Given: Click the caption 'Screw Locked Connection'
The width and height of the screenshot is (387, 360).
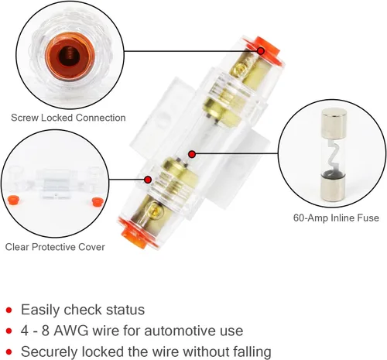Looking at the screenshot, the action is pyautogui.click(x=68, y=118).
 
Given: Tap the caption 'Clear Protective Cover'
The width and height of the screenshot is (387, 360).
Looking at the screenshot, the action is pyautogui.click(x=55, y=247).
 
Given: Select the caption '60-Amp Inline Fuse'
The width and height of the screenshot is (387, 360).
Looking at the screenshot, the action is pyautogui.click(x=336, y=218).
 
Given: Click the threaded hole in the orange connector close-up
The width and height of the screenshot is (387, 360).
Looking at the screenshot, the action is pyautogui.click(x=68, y=56).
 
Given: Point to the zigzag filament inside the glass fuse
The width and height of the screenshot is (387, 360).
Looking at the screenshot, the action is pyautogui.click(x=332, y=154).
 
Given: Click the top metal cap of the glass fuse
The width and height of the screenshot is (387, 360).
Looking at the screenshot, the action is pyautogui.click(x=334, y=122).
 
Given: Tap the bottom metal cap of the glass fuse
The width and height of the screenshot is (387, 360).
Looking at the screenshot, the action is pyautogui.click(x=332, y=187).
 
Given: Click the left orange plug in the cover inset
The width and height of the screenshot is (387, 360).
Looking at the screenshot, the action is pyautogui.click(x=13, y=200).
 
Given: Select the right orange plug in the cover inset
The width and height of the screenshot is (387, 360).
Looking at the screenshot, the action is pyautogui.click(x=98, y=201).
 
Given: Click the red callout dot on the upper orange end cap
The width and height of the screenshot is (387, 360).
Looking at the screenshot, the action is pyautogui.click(x=261, y=51).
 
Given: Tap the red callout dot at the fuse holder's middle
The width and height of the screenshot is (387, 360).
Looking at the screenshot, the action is pyautogui.click(x=192, y=154).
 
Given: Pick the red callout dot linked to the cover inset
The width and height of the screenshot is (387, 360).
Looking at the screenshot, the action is pyautogui.click(x=148, y=180).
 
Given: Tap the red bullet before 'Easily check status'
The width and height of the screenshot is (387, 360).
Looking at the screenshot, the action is pyautogui.click(x=9, y=310).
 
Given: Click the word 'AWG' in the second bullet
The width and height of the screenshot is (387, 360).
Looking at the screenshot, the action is pyautogui.click(x=71, y=331).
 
